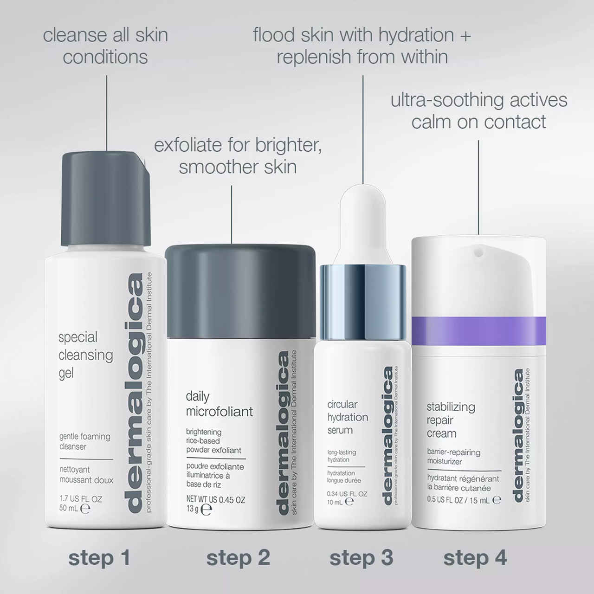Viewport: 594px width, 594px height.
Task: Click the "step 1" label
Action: pyautogui.click(x=99, y=558)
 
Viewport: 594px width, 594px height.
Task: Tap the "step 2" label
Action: pyautogui.click(x=238, y=558)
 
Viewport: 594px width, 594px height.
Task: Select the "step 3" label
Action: pyautogui.click(x=361, y=558)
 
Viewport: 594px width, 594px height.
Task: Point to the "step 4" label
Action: pyautogui.click(x=475, y=558)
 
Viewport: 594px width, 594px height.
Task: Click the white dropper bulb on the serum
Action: pyautogui.click(x=363, y=223)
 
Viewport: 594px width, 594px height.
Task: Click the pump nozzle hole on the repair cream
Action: pyautogui.click(x=478, y=252)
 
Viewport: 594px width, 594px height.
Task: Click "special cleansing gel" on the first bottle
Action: pyautogui.click(x=85, y=355)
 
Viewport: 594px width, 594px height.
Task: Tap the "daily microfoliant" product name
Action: pyautogui.click(x=219, y=404)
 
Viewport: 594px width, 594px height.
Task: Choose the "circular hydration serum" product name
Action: pyautogui.click(x=348, y=417)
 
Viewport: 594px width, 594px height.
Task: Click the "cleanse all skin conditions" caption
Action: pyautogui.click(x=105, y=46)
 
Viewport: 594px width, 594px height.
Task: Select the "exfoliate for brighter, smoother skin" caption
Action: pyautogui.click(x=238, y=156)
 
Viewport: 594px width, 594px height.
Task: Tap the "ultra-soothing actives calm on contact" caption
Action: pyautogui.click(x=478, y=110)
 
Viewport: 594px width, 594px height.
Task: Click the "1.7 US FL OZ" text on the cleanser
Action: pyautogui.click(x=81, y=499)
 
